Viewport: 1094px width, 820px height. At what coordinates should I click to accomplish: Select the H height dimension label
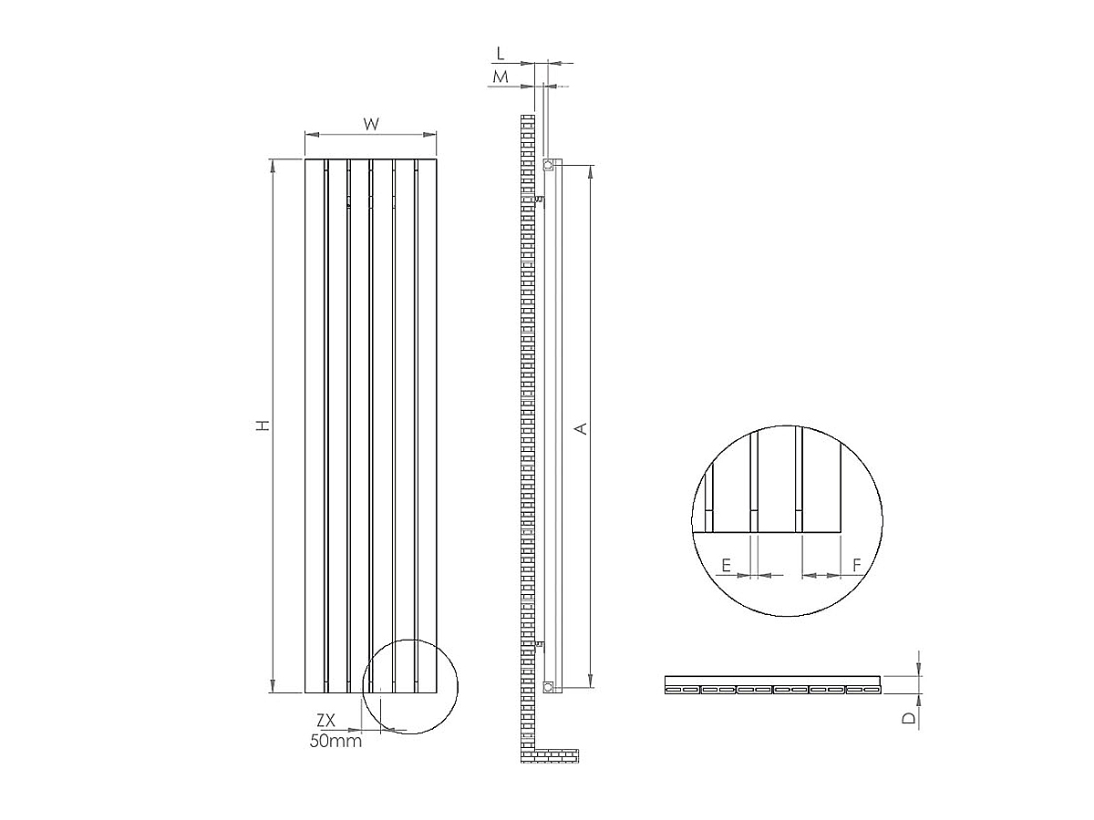tap(263, 425)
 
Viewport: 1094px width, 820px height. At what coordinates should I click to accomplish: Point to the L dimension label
tap(501, 56)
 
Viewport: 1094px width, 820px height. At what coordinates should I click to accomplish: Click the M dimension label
tap(501, 78)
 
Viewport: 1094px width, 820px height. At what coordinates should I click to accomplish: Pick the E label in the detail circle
tap(726, 566)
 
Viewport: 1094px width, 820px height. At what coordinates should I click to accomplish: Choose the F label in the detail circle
tap(857, 566)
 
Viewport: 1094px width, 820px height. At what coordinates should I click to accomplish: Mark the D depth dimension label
tap(908, 718)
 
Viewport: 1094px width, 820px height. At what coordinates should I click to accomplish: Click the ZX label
tap(325, 721)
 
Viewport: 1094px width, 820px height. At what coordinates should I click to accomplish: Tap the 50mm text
tap(335, 742)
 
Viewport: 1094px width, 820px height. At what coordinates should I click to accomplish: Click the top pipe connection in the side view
tap(549, 166)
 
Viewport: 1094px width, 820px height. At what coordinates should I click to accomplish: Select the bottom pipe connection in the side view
tap(549, 686)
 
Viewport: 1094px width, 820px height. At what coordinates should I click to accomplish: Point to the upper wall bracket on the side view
tap(539, 198)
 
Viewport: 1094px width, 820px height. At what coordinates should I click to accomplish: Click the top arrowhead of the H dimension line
tap(273, 165)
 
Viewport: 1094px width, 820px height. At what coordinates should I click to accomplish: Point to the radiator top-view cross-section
tap(773, 685)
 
